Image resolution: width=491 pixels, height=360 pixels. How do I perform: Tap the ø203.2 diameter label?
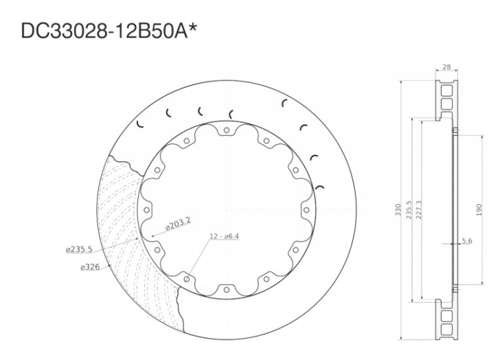[177, 224]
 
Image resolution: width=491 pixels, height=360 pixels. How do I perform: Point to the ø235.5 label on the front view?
[79, 249]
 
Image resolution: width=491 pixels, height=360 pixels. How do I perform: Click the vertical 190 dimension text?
[480, 209]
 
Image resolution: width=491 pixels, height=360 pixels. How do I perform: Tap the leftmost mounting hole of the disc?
[147, 210]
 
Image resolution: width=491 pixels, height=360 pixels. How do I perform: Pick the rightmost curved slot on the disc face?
[320, 185]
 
